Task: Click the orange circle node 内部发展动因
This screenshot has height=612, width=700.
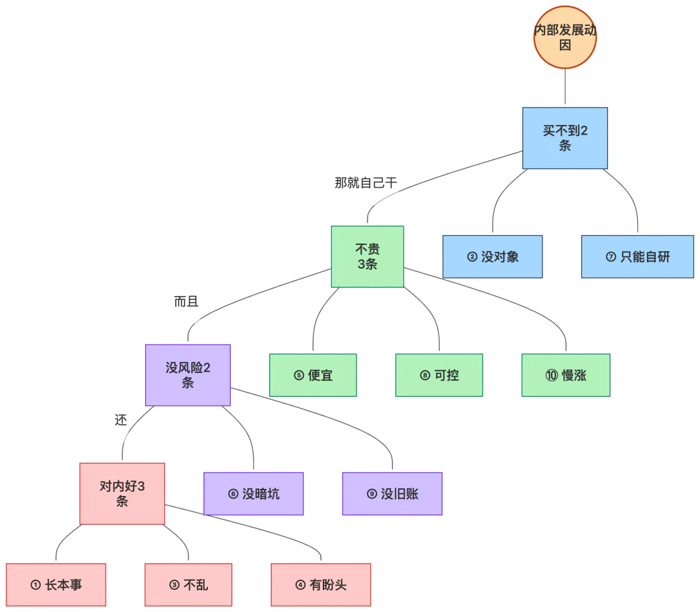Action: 565,37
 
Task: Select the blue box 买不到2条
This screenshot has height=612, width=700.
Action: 565,137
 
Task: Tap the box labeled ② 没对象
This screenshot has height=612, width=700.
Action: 493,256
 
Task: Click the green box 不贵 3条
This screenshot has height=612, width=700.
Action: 367,256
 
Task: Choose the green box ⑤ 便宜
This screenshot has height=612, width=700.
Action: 313,375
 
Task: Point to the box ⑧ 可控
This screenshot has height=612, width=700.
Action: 439,375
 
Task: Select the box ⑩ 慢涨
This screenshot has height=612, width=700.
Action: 566,375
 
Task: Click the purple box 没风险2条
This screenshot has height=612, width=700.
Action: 188,375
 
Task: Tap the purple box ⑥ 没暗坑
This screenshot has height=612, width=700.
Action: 254,494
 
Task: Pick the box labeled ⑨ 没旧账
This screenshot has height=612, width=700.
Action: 393,494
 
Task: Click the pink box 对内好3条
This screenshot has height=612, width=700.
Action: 122,493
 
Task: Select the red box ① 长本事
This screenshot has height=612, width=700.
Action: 56,585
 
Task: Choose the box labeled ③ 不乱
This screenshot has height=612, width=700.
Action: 189,585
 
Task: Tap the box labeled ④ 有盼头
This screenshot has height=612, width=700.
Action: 321,585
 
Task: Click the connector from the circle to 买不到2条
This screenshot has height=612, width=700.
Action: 565,87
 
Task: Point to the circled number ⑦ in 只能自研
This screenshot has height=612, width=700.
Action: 611,257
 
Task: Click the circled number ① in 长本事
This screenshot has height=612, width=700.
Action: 36,585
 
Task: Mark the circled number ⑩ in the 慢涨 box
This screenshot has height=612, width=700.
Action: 551,376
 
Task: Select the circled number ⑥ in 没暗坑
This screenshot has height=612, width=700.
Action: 233,495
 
